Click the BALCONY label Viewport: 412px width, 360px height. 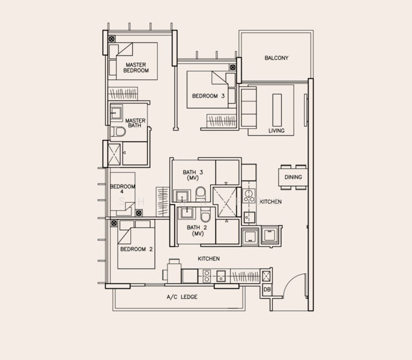[276, 58]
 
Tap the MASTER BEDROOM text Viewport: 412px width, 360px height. [136, 67]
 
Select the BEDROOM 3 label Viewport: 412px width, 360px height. [208, 96]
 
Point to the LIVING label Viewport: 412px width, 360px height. [276, 131]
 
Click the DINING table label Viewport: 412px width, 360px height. [293, 177]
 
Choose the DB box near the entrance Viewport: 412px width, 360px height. [267, 289]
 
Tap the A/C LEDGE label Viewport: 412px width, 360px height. [182, 297]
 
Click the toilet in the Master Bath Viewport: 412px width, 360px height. [118, 131]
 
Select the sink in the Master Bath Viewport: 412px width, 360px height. [115, 113]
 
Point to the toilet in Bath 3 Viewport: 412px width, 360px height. [201, 194]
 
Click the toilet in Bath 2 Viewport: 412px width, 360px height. [205, 215]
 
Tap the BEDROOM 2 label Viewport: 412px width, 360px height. [136, 249]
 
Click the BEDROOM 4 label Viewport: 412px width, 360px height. [123, 189]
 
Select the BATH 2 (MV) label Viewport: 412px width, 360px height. [197, 230]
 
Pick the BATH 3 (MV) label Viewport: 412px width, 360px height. [193, 175]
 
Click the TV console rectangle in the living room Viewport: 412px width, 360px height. [277, 110]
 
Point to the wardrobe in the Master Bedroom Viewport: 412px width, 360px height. [123, 93]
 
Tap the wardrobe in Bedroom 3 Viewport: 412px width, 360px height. [221, 121]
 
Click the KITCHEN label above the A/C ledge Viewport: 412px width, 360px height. [208, 259]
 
